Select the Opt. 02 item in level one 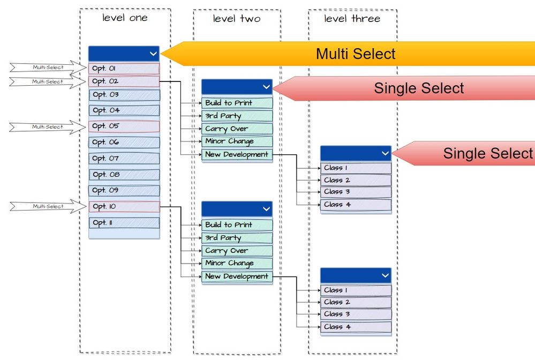(x=124, y=81)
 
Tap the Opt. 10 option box (x=124, y=206)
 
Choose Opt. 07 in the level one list (x=124, y=158)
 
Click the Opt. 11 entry (x=124, y=222)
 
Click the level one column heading (x=125, y=18)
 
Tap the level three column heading (x=352, y=19)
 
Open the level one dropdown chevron (x=153, y=53)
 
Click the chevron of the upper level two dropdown (x=267, y=87)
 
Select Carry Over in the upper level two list (x=237, y=129)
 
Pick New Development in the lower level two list (x=237, y=276)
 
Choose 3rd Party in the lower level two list (x=237, y=237)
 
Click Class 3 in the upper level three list (x=356, y=192)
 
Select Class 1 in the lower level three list (x=356, y=290)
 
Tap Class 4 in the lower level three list (x=356, y=326)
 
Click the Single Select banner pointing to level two (x=418, y=88)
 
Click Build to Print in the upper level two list (x=237, y=103)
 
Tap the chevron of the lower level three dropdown (x=385, y=275)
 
